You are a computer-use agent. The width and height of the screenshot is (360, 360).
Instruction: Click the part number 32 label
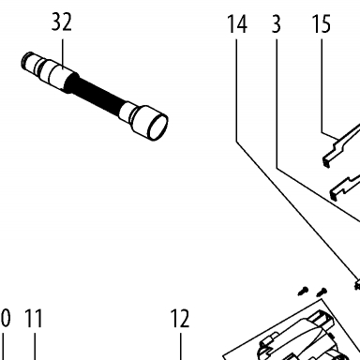tap(62, 22)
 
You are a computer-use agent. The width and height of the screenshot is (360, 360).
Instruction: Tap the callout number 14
tap(237, 24)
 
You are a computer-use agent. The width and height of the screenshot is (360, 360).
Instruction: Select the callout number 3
tap(277, 24)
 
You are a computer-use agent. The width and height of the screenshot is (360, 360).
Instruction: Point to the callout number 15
tap(322, 24)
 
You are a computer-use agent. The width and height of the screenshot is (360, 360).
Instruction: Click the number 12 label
tap(180, 319)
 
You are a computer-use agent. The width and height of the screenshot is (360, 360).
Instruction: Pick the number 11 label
tap(34, 319)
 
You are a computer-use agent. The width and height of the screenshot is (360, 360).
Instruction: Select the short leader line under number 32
tap(63, 54)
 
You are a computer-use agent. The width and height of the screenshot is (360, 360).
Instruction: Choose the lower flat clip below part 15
tap(345, 187)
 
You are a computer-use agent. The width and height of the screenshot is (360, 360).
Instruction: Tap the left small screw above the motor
tap(303, 292)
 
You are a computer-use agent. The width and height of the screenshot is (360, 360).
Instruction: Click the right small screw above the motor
tap(322, 292)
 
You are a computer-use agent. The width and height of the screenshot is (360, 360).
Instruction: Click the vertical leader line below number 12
tap(181, 347)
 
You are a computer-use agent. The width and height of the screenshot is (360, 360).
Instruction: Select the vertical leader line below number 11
tap(35, 347)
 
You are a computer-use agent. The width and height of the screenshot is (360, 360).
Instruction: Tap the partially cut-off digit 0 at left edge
tap(5, 319)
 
